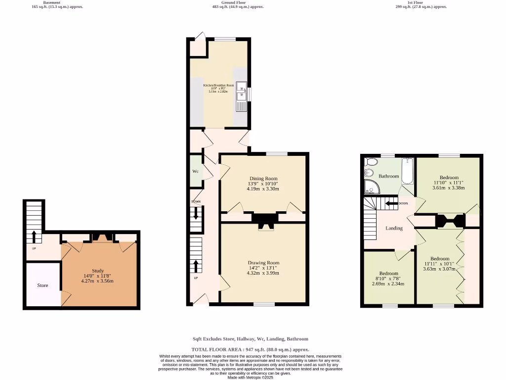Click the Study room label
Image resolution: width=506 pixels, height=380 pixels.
tap(97, 271)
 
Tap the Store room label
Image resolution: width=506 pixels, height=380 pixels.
tap(42, 285)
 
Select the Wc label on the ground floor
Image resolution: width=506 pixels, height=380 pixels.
tap(195, 171)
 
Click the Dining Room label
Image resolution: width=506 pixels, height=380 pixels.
tap(263, 179)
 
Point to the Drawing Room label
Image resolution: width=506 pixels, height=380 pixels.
tap(263, 263)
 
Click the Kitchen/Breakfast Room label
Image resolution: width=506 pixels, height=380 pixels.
tap(218, 85)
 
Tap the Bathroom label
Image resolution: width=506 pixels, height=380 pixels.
tap(389, 176)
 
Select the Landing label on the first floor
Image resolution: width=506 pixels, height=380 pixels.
tap(394, 228)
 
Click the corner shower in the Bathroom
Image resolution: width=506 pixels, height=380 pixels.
tap(371, 187)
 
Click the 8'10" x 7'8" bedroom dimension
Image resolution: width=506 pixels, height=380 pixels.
tap(388, 279)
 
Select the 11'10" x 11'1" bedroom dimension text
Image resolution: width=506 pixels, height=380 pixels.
tap(449, 183)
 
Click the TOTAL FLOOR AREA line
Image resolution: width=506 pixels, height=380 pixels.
tap(250, 349)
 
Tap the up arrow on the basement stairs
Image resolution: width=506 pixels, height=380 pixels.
tap(34, 237)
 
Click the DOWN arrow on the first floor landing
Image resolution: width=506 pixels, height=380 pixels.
tap(393, 203)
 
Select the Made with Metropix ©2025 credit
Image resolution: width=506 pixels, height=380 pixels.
tap(250, 377)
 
